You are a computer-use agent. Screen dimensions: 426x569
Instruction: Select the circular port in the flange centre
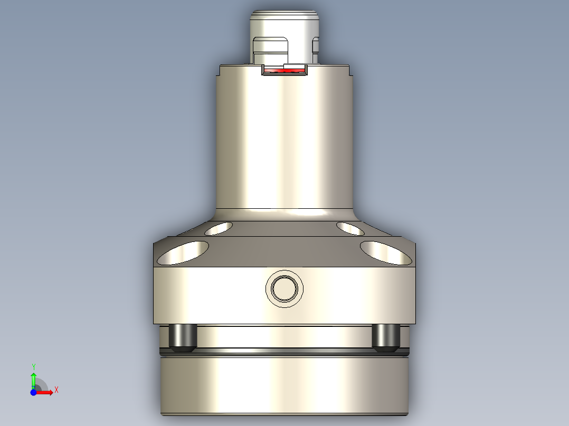click(284, 288)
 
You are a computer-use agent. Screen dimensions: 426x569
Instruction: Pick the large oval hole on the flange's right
click(386, 253)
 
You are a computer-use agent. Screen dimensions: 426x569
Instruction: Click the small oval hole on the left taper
click(219, 228)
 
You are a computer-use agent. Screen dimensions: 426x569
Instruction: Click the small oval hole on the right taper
click(349, 228)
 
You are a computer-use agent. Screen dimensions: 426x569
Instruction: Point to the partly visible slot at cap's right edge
click(316, 45)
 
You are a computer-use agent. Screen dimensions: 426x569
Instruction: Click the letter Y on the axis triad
click(34, 366)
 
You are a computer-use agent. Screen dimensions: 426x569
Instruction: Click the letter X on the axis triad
click(56, 390)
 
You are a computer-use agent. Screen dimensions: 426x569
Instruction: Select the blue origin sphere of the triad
click(34, 392)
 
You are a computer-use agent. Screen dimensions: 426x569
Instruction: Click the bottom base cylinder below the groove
click(284, 385)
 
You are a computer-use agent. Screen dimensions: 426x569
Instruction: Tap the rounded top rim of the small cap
click(284, 14)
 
